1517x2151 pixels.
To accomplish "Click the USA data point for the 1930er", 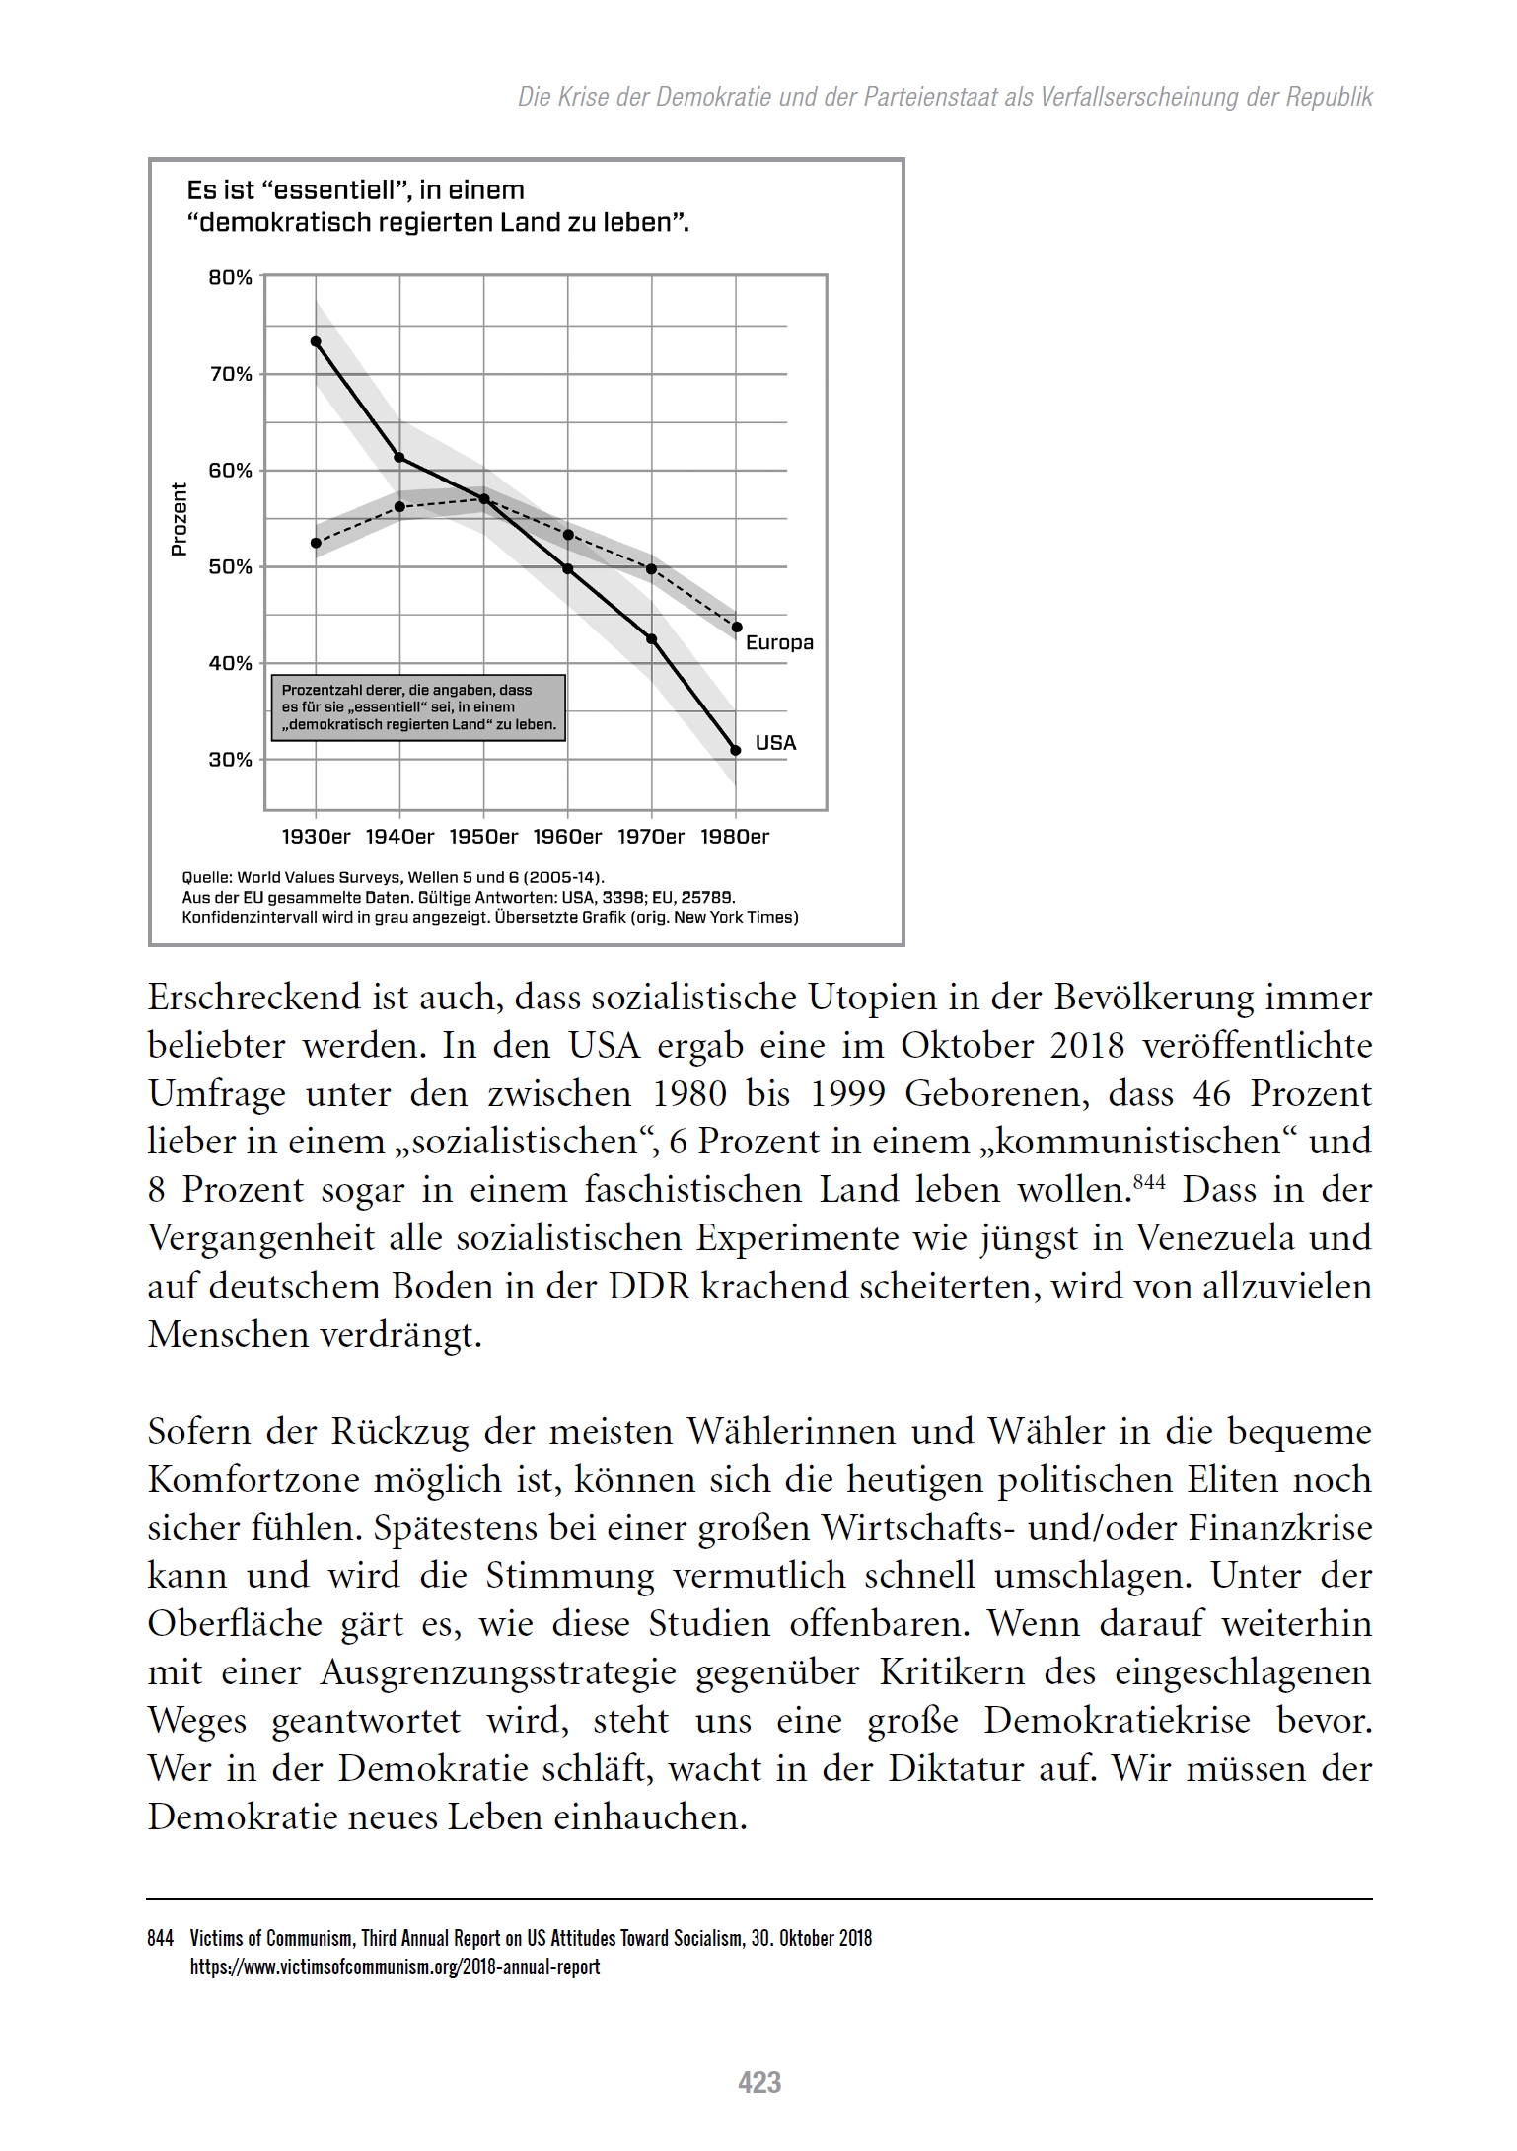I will point(316,341).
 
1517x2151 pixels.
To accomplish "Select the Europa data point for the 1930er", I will point(316,543).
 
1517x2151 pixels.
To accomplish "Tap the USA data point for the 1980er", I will point(736,751).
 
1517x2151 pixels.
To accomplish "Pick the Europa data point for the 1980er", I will point(737,627).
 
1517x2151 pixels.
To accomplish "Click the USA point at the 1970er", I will point(652,639).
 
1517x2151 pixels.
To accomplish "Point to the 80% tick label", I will point(230,278).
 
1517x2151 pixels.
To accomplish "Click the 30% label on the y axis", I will point(230,760).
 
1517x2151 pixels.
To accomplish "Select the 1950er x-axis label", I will point(483,838).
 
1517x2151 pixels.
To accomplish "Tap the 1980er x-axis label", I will point(735,838).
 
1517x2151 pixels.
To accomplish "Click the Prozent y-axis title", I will point(179,519).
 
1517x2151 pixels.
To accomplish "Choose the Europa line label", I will point(779,643).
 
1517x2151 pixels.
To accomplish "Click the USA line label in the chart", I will point(775,743).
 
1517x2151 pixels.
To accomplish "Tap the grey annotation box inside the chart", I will point(418,708).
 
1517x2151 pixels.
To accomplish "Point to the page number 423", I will point(759,2082).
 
